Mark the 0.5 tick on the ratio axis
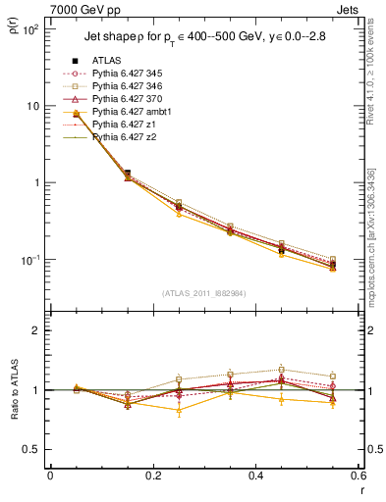tap(35, 449)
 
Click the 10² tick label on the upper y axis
tap(31, 29)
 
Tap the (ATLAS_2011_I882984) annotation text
tap(204, 292)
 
